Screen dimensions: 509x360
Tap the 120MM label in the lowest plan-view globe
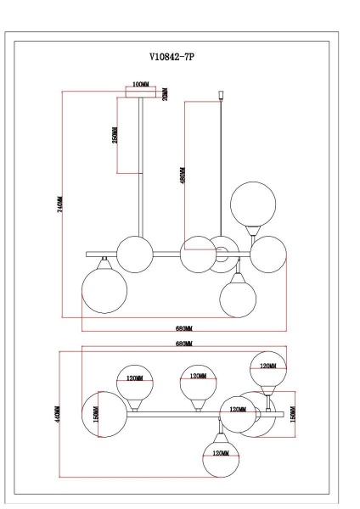[x=221, y=454]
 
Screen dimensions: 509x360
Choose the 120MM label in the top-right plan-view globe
[x=267, y=366]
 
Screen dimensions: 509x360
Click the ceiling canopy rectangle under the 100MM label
[x=141, y=95]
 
